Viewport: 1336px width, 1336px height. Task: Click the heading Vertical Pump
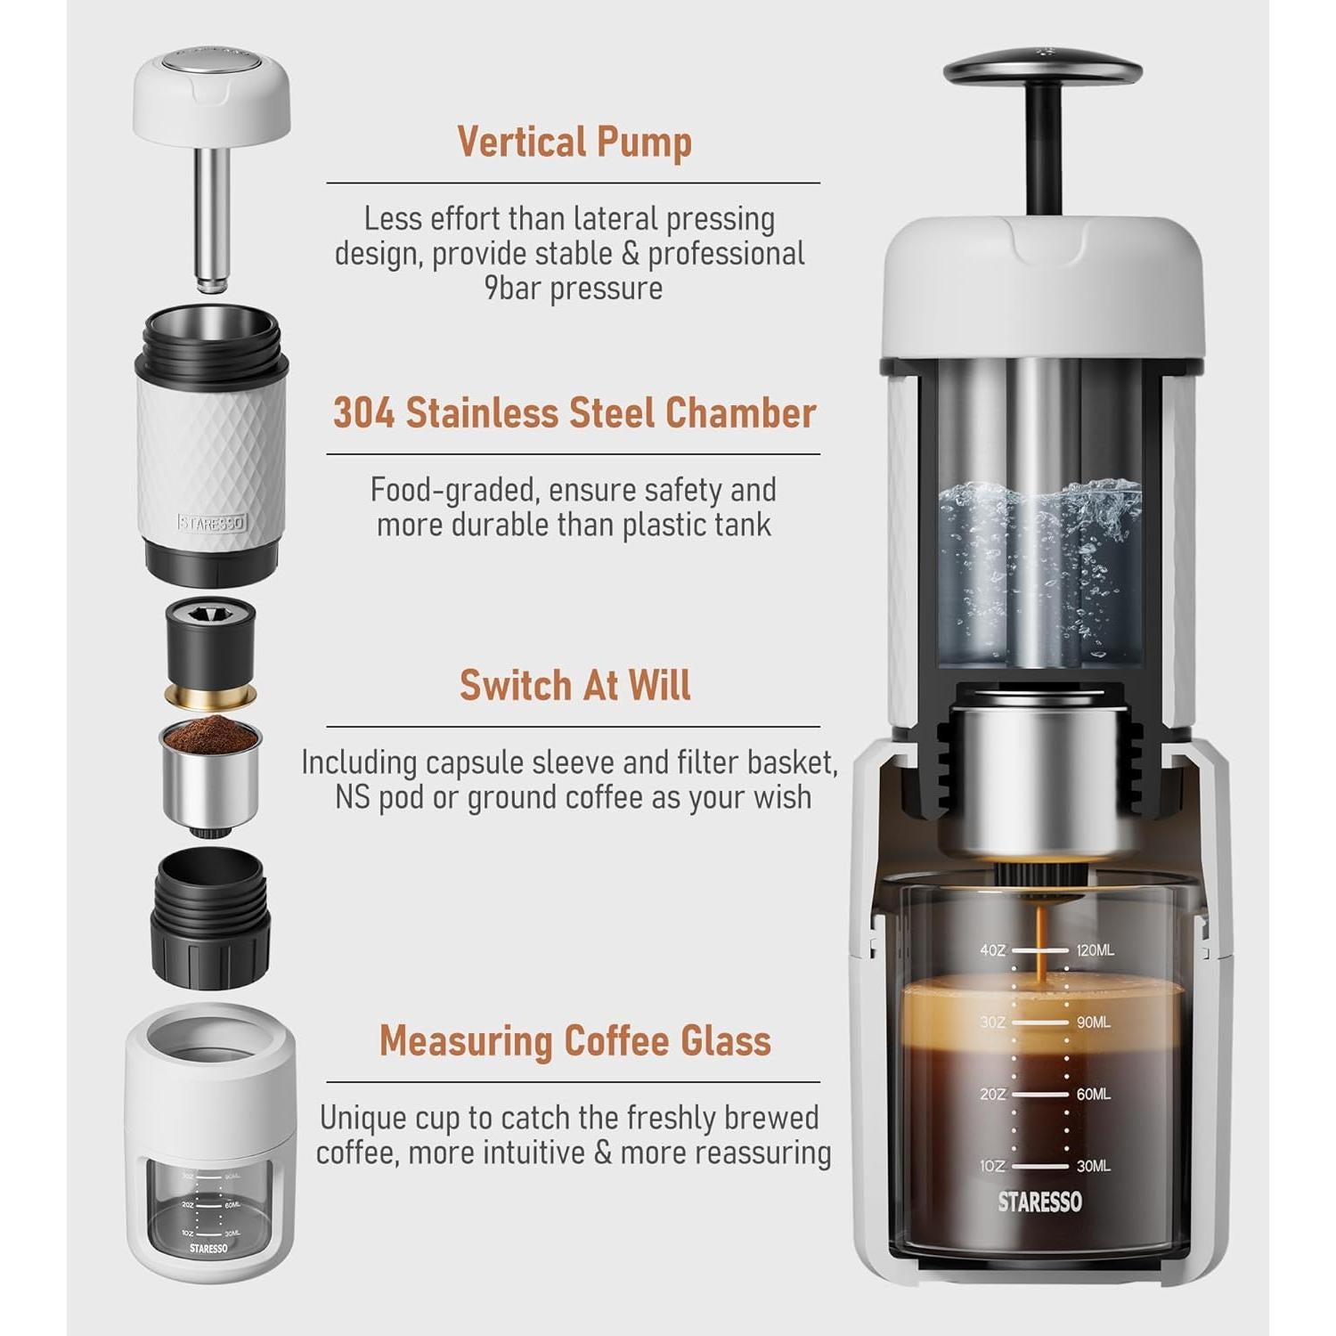pos(574,143)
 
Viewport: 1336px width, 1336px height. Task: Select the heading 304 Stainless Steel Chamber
pos(574,414)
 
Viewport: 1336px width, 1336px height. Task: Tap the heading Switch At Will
pos(574,686)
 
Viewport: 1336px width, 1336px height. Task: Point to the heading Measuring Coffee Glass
pos(574,1040)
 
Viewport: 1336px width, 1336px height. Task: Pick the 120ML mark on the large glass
pos(1095,950)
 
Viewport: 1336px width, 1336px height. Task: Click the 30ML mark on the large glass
pos(1093,1166)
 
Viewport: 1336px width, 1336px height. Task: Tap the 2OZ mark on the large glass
pos(992,1094)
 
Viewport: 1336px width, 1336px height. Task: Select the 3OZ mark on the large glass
pos(992,1022)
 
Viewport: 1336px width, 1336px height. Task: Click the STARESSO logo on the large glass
pos(1039,1202)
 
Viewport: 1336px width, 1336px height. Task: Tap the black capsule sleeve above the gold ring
pos(211,639)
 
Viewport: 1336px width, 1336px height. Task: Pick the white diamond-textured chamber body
pos(211,454)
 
